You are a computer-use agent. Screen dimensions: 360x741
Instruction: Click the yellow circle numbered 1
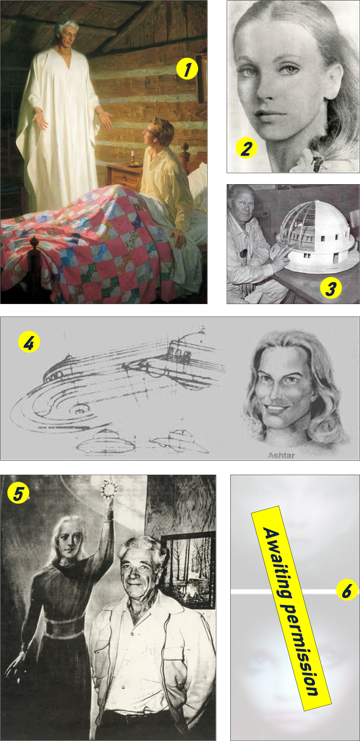[x=187, y=69]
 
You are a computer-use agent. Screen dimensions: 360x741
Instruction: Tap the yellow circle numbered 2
[x=246, y=148]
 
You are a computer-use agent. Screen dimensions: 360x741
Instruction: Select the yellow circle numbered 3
[x=331, y=288]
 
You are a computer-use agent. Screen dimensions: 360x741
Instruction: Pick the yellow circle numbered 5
[x=18, y=492]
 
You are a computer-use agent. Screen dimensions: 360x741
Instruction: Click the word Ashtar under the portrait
[x=282, y=455]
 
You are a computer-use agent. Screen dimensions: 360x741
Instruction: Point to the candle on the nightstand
[x=133, y=157]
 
